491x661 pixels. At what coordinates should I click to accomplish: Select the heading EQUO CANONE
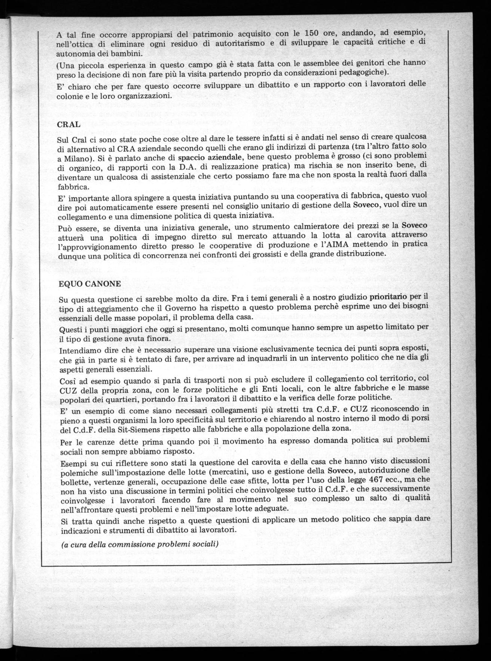[90, 284]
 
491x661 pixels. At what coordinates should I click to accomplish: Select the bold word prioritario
[393, 297]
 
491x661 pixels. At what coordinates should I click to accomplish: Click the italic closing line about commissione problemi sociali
[140, 544]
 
